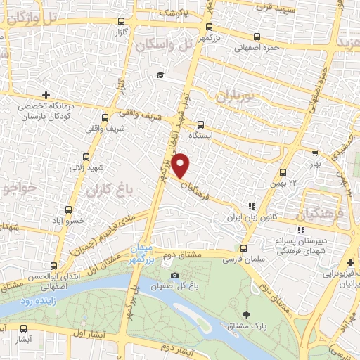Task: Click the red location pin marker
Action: (181, 165)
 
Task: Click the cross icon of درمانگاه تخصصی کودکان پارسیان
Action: (46, 95)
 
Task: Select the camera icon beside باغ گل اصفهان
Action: (174, 276)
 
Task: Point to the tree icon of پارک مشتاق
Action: (245, 314)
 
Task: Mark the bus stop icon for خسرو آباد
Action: (68, 210)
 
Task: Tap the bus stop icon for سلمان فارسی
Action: (244, 248)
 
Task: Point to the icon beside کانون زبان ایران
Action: (251, 207)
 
